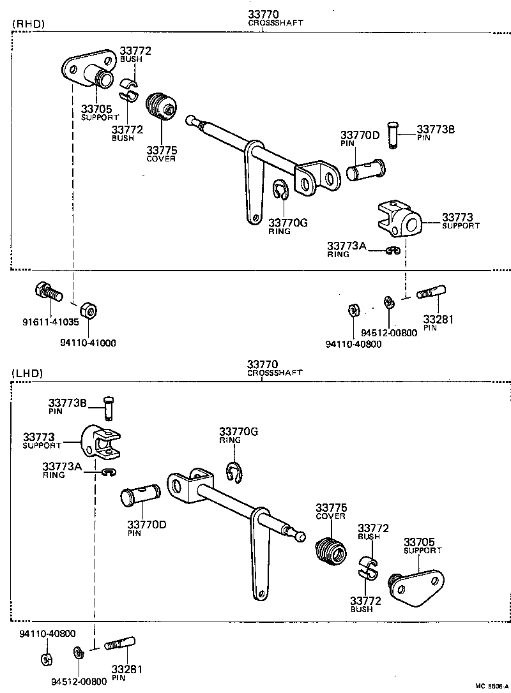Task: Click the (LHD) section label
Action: (x=27, y=373)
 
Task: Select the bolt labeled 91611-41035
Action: (x=47, y=292)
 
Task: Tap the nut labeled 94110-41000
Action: (x=91, y=311)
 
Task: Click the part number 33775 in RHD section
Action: (x=162, y=151)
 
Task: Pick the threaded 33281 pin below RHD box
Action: (x=432, y=293)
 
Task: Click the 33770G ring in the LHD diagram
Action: (x=234, y=472)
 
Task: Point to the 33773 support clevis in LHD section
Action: (x=103, y=442)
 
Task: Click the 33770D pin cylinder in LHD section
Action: (x=141, y=496)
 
